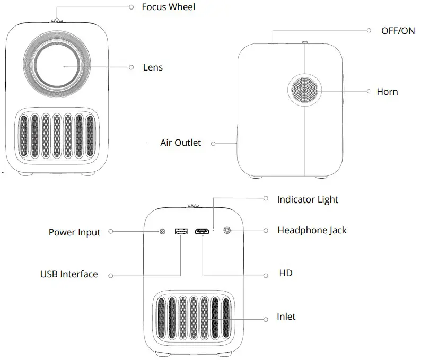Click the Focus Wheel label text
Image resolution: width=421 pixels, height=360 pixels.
pos(168,7)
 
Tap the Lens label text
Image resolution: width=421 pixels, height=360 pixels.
pos(153,67)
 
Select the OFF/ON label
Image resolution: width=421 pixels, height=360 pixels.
pos(398,31)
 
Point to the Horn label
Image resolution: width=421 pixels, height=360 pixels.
pos(387,92)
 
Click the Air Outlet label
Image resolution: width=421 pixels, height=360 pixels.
pos(181,143)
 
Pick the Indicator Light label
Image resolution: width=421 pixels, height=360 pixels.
pos(308,199)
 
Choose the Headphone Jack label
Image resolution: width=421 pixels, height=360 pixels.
pos(312,230)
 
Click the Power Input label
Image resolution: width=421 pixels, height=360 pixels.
pos(74,232)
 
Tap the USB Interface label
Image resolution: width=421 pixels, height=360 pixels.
pos(69,274)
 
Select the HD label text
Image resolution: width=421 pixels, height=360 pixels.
pos(285,274)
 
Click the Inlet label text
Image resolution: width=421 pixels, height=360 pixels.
pos(286,317)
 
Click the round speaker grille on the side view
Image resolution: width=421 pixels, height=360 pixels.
pos(305,92)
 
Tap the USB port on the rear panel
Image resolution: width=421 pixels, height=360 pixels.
pos(181,231)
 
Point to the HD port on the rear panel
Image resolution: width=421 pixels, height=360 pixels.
pos(202,231)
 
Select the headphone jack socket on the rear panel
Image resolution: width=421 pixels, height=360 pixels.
pos(228,231)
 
